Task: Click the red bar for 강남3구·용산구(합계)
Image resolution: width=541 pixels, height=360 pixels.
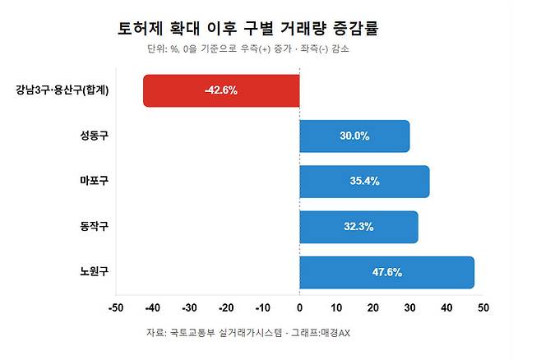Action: click(x=221, y=90)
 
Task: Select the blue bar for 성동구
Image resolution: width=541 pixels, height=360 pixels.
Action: click(x=354, y=136)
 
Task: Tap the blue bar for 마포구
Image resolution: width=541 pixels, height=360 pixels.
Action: click(x=364, y=181)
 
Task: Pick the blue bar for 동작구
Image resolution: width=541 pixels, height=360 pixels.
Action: click(x=358, y=227)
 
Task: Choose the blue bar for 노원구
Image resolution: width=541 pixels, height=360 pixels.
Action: click(x=386, y=272)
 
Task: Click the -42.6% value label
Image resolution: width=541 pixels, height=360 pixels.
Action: click(x=220, y=90)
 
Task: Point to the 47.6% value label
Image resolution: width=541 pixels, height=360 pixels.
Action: click(x=386, y=272)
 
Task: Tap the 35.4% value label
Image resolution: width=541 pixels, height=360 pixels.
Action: click(x=363, y=181)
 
